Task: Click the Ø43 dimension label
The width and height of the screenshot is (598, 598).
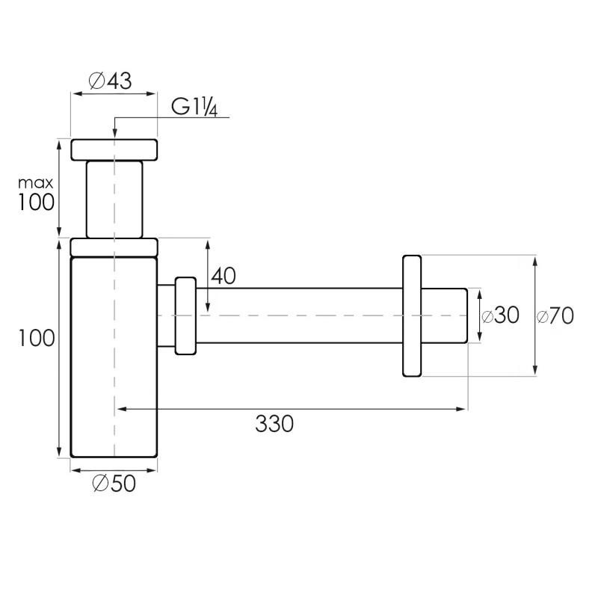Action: coord(110,81)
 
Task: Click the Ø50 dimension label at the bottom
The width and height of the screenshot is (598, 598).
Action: coord(114,484)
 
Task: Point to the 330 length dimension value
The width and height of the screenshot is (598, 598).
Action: coord(274,424)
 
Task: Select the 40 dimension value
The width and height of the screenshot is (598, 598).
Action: coord(224,276)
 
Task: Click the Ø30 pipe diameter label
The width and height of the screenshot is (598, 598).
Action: coord(500,315)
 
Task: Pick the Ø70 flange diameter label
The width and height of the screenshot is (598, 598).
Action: coord(555,316)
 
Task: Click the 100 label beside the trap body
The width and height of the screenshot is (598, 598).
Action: coord(37,339)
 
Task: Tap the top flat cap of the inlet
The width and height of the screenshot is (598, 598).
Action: coord(114,149)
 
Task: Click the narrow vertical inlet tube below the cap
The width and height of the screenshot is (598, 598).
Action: coord(114,199)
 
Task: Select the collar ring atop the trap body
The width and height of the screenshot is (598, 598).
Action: coord(114,247)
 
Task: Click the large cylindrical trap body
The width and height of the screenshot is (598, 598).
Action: coord(114,359)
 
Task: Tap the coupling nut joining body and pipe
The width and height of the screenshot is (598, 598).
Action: coord(185,315)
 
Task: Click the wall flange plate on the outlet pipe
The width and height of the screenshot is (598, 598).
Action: coord(413,315)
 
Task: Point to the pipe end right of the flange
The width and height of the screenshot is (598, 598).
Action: coord(446,315)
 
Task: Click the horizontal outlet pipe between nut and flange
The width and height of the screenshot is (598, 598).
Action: coord(299,315)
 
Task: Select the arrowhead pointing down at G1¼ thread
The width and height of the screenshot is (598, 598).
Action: coord(114,133)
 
